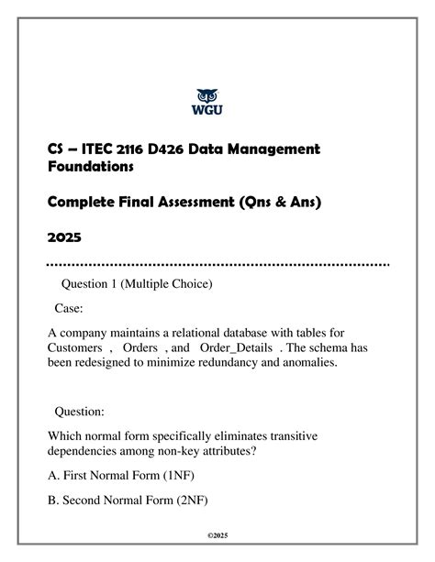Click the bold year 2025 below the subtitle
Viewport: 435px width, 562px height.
pyautogui.click(x=64, y=237)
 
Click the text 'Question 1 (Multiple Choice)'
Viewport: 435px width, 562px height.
pyautogui.click(x=135, y=285)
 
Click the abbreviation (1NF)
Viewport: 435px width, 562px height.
pyautogui.click(x=178, y=475)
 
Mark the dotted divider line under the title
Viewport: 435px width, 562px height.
pyautogui.click(x=217, y=265)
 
